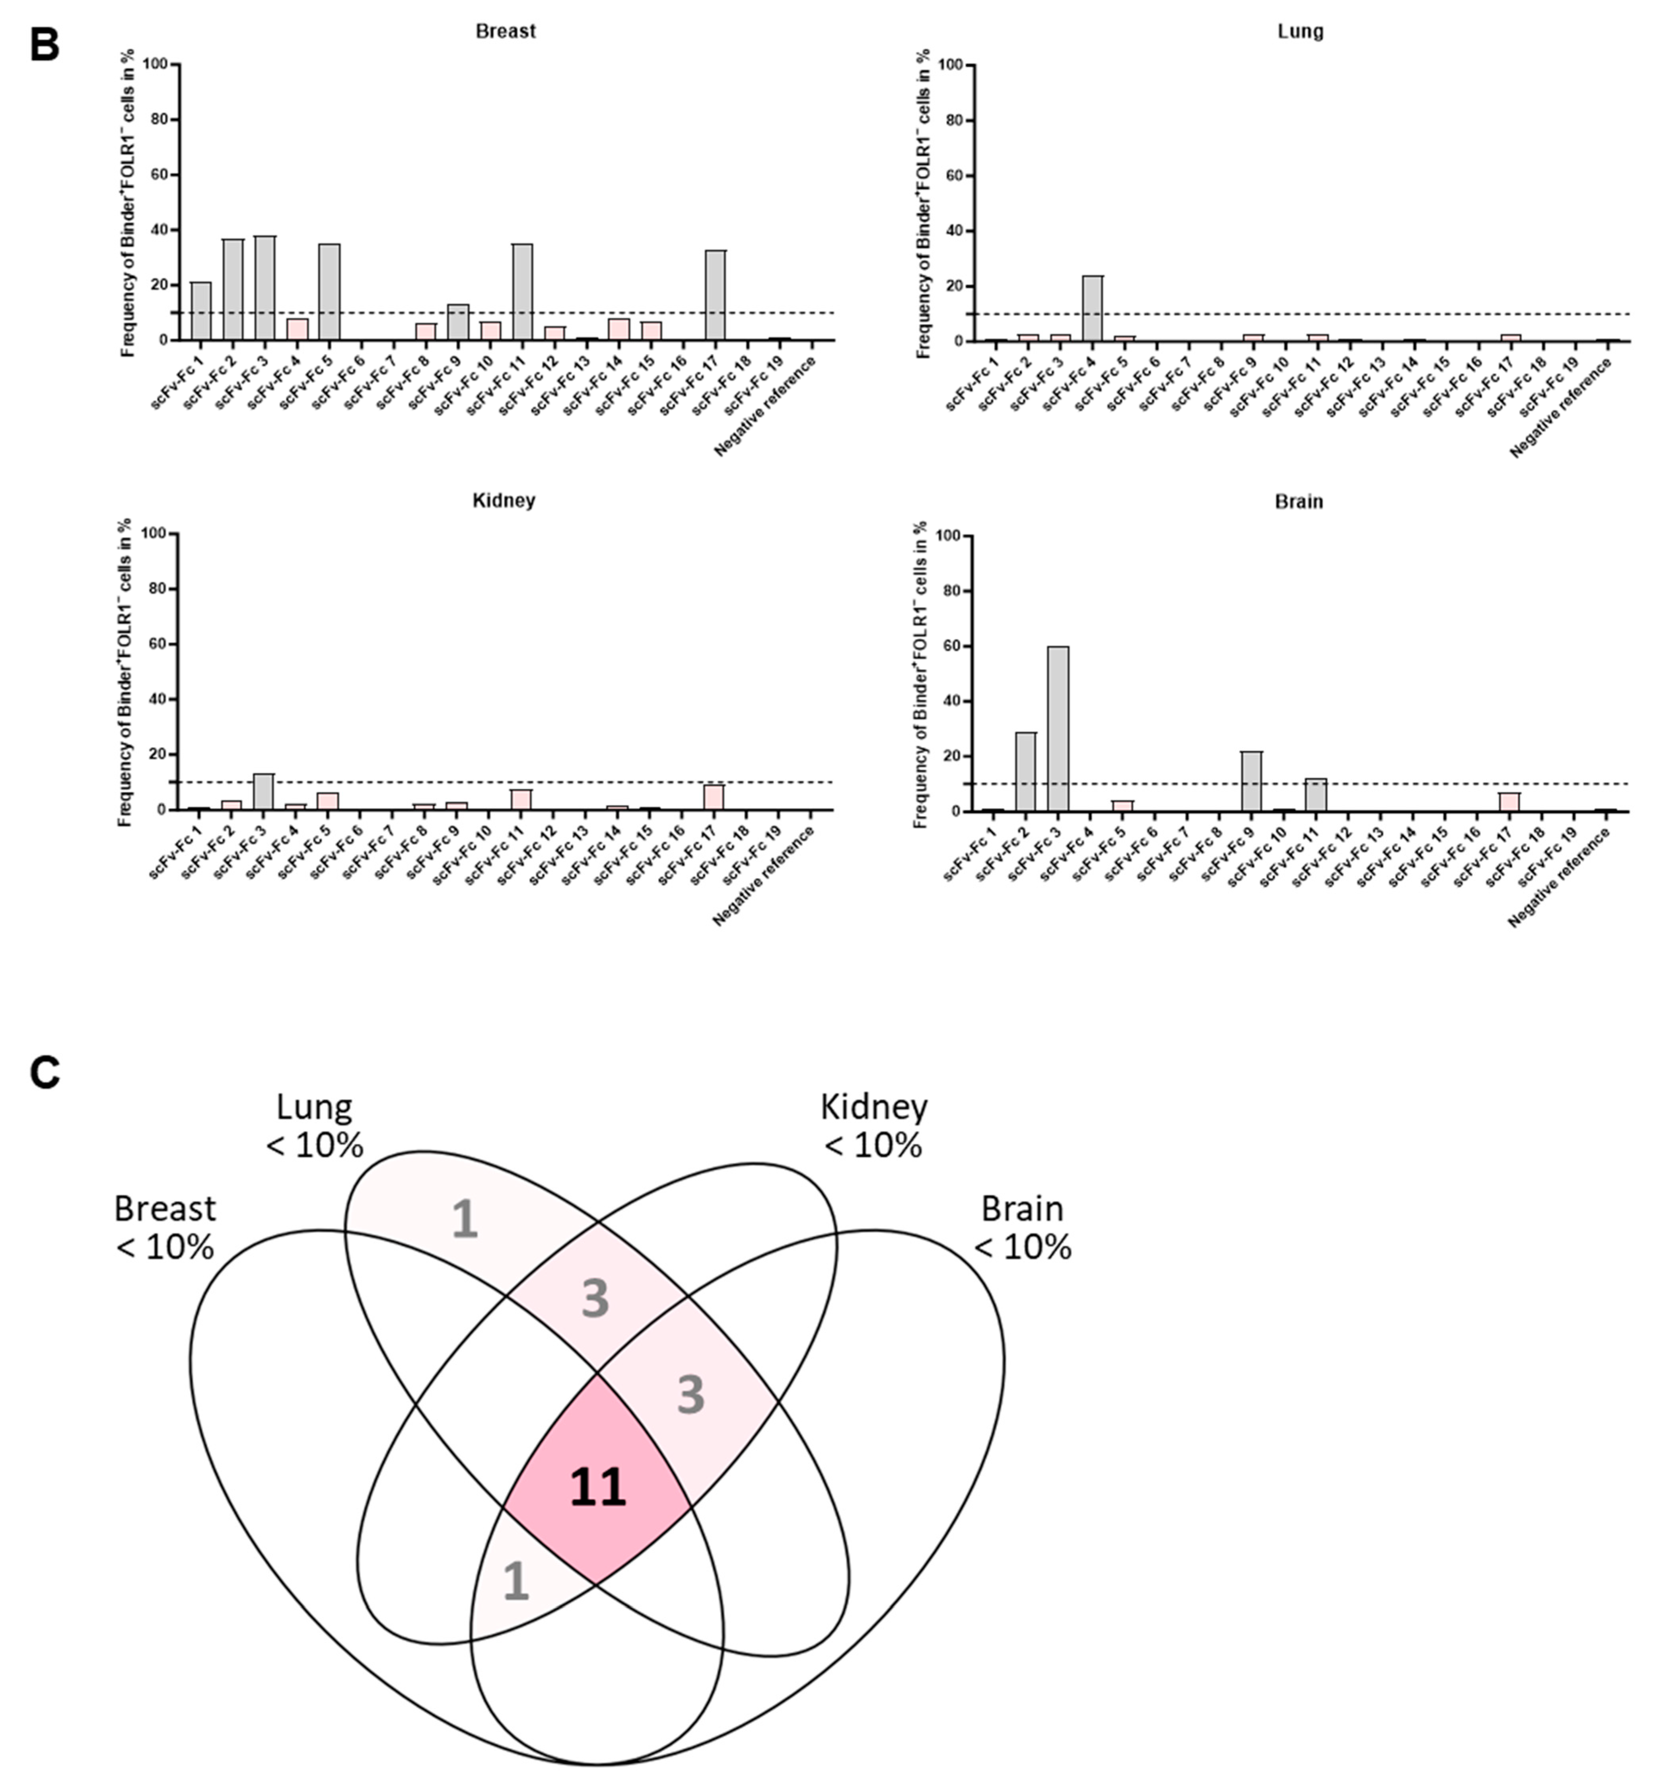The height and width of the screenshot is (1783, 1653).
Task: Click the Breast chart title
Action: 506,31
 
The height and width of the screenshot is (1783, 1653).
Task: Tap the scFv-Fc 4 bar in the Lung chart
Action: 1092,309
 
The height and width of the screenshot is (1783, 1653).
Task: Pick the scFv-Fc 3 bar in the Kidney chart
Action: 263,792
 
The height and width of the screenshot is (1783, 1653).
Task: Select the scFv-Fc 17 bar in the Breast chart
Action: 715,295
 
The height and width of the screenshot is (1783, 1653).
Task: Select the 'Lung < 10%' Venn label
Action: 314,1125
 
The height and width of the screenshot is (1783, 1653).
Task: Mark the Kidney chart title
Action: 504,500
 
